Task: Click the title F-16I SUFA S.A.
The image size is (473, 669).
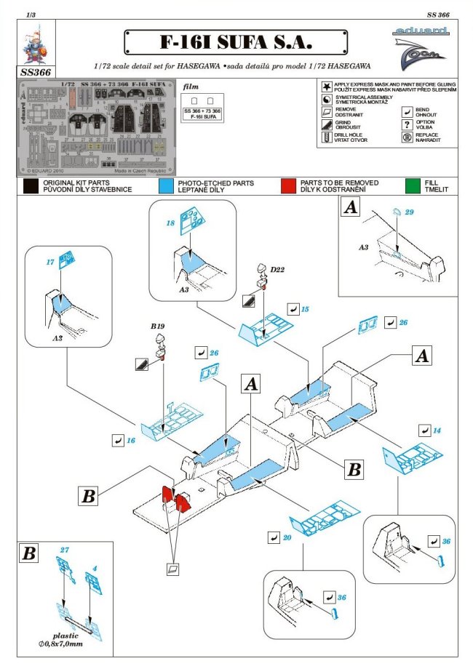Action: [236, 42]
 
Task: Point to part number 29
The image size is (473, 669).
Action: [409, 212]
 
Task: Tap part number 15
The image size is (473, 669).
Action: [304, 310]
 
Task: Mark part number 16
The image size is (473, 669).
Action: [131, 441]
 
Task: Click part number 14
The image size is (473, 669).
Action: [437, 430]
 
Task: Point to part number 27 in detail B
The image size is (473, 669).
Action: [64, 550]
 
